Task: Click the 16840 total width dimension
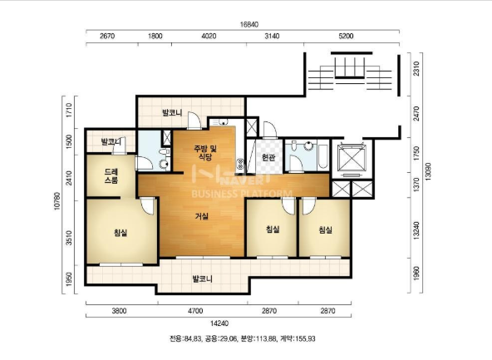click(249, 24)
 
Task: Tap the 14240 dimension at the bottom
click(219, 323)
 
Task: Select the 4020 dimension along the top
click(209, 36)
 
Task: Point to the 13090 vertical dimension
click(428, 171)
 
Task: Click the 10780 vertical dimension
click(57, 201)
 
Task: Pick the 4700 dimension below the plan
click(195, 311)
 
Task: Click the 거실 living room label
click(202, 216)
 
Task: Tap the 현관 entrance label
click(268, 157)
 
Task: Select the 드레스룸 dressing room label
click(111, 175)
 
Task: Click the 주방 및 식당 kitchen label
click(205, 152)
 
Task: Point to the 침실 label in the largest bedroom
click(121, 233)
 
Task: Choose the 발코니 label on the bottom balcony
click(203, 279)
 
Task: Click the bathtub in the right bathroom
click(322, 156)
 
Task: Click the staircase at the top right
click(350, 74)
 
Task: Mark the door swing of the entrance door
click(269, 131)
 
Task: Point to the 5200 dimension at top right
click(346, 36)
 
